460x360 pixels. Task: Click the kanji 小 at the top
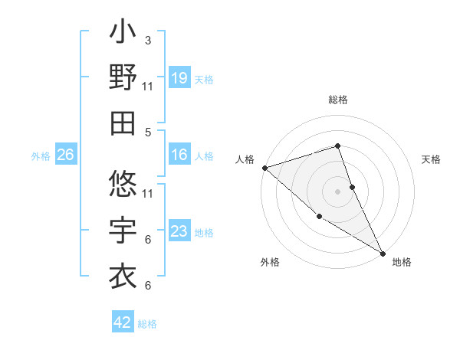123,34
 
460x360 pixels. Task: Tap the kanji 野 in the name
123,78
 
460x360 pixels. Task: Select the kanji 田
123,123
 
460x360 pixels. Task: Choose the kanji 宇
123,230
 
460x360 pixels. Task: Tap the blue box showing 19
179,77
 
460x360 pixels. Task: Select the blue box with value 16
179,155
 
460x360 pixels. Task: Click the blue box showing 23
179,231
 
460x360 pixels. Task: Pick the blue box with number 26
66,155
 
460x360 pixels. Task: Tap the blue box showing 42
123,322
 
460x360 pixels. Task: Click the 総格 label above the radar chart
338,100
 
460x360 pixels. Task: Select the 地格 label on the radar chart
402,262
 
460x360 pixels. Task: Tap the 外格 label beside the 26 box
41,156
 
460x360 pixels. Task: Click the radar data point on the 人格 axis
264,167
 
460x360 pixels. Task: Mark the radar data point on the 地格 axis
383,253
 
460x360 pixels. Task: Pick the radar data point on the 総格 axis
338,146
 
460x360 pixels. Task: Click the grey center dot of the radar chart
338,191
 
